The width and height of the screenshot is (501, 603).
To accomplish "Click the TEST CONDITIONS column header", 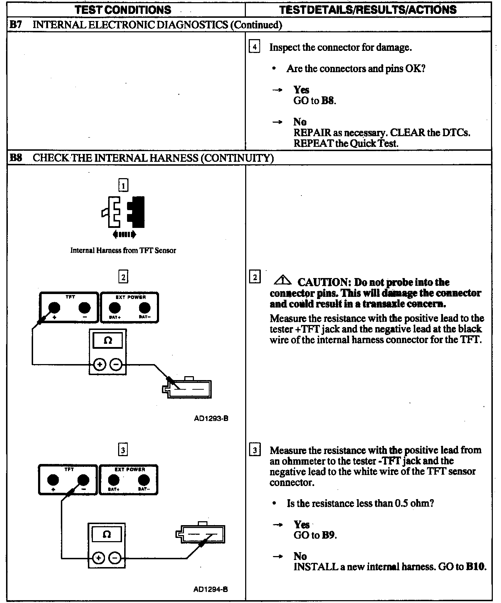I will pos(123,10).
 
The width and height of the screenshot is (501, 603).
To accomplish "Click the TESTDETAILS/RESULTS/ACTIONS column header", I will pos(368,10).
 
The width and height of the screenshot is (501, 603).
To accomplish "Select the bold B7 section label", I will pos(16,25).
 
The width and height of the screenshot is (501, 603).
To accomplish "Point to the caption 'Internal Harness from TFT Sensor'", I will pos(123,250).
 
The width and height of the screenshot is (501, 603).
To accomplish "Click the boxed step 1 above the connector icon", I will pos(123,185).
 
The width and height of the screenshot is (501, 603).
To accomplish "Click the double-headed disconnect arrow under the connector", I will pos(124,234).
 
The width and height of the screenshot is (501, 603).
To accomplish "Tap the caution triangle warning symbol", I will pos(282,281).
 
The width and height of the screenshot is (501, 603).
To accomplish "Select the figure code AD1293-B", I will pos(211,418).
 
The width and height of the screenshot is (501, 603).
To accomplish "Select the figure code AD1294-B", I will pos(211,589).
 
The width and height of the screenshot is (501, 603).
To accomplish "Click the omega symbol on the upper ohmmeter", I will pos(107,341).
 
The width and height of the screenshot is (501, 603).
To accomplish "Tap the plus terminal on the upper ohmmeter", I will pos(100,364).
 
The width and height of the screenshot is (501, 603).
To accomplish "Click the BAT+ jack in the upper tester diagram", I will pos(114,308).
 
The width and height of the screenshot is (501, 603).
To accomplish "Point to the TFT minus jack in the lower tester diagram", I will pos(83,480).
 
